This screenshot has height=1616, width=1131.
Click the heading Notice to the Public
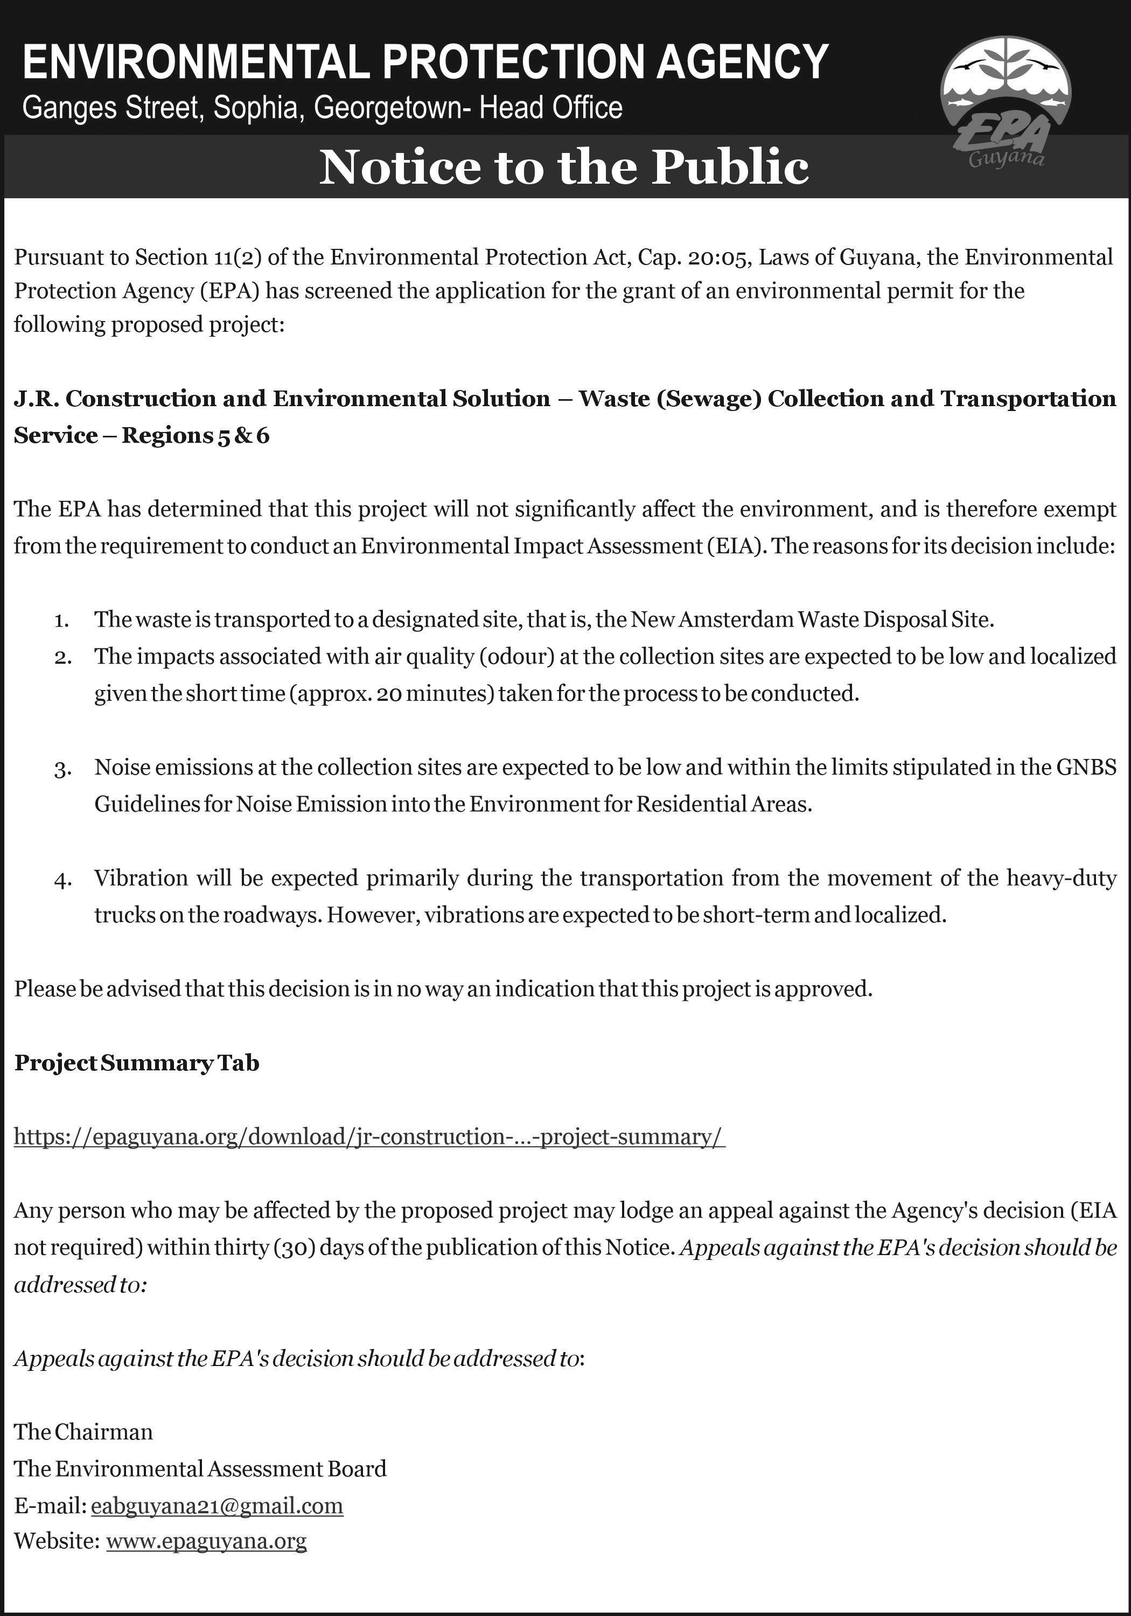click(564, 167)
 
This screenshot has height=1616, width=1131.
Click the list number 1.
click(61, 621)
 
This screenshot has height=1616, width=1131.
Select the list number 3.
click(62, 769)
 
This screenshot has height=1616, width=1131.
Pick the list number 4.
click(62, 880)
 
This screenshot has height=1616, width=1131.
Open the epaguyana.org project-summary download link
click(369, 1137)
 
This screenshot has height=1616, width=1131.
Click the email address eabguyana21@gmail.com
click(217, 1506)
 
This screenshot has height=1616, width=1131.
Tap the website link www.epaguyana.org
click(206, 1541)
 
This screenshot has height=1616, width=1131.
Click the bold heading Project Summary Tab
click(137, 1063)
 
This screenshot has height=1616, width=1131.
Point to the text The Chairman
click(83, 1432)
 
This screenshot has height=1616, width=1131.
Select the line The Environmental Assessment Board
click(200, 1468)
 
